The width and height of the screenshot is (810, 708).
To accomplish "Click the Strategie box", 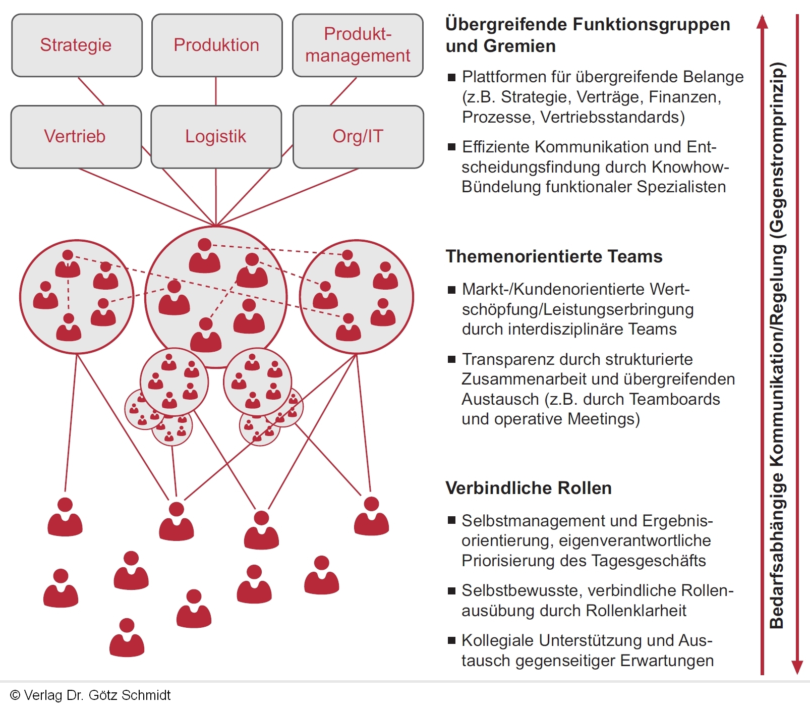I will [x=77, y=45].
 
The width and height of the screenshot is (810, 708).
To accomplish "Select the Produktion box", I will [x=216, y=45].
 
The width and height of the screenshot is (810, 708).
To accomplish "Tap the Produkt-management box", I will [x=358, y=45].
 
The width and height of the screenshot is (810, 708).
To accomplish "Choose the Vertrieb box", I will [x=76, y=137].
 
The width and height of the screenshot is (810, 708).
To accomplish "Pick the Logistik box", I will [x=216, y=137].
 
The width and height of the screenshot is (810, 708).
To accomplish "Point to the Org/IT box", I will [x=358, y=137].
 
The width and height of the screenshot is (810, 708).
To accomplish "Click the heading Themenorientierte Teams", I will [x=554, y=256].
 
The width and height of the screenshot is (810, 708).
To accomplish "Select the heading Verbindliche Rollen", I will [x=529, y=488].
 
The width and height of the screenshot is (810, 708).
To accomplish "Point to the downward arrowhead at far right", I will [x=797, y=667].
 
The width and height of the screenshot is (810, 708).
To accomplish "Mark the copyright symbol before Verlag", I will [x=15, y=695].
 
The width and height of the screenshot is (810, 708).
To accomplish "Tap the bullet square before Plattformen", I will [x=451, y=78].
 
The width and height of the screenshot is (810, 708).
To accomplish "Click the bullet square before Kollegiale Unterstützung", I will [x=451, y=641].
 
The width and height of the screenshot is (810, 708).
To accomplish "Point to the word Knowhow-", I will [x=690, y=167].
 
